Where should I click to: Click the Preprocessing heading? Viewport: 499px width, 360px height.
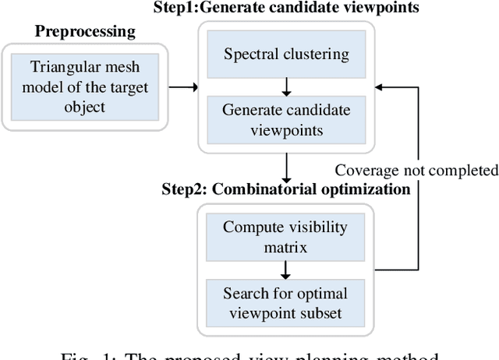(x=85, y=32)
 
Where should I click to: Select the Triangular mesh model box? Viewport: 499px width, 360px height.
(x=83, y=86)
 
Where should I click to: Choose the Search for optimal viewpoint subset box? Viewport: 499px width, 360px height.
(x=285, y=303)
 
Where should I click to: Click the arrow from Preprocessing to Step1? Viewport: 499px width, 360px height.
(x=183, y=86)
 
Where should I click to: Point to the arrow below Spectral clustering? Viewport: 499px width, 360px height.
(x=286, y=84)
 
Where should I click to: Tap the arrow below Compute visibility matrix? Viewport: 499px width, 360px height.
(x=286, y=269)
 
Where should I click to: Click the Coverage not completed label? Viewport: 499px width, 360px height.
(x=416, y=170)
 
